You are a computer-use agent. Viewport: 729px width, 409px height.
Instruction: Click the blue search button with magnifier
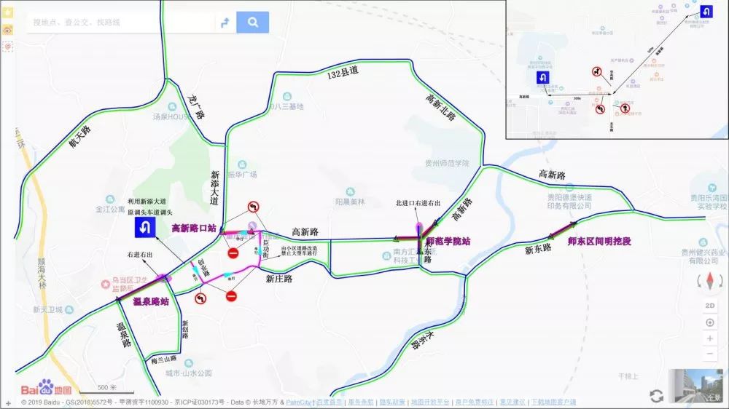[x=252, y=23]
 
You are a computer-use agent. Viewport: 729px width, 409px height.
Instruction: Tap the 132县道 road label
[x=343, y=72]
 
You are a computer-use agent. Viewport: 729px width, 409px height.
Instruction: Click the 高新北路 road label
[x=440, y=106]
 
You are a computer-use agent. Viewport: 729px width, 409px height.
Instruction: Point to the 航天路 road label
[x=79, y=136]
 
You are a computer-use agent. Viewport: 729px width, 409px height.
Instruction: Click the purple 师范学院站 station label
[x=448, y=241]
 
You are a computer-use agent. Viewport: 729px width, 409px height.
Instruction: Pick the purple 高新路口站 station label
[x=193, y=229]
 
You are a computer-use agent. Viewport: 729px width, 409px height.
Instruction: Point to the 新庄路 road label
[x=278, y=278]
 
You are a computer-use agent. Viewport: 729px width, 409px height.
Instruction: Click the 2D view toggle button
[x=709, y=306]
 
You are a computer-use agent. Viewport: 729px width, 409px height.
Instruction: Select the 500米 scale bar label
[x=107, y=387]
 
